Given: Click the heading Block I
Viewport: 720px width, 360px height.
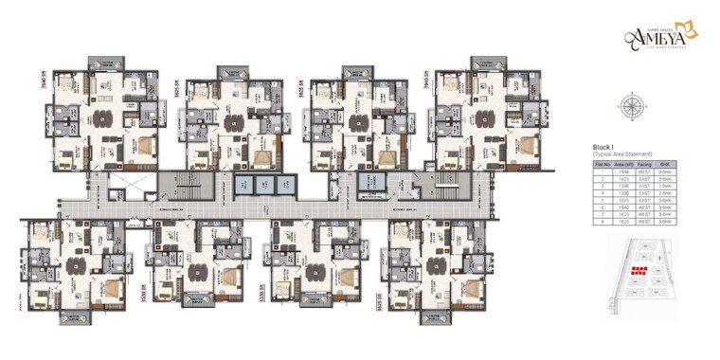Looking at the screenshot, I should pos(606,148).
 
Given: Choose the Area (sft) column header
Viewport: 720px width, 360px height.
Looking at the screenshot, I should pos(622,165).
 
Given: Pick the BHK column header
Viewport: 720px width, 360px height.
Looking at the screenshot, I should pos(665,165).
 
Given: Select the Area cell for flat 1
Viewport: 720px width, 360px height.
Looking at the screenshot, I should pos(622,172).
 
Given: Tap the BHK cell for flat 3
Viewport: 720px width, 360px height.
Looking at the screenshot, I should pos(665,187).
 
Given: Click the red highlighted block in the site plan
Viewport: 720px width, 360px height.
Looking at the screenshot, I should pos(639,273).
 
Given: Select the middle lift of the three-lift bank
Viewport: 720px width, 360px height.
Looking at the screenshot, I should pos(262,184).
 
